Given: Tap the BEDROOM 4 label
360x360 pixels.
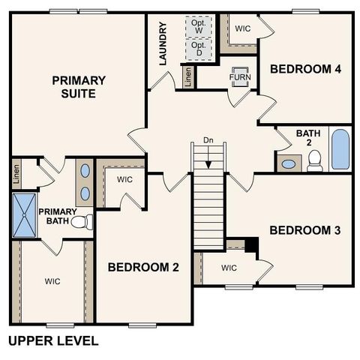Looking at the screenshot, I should click(x=305, y=69).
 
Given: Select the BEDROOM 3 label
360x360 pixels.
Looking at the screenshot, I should click(x=305, y=229).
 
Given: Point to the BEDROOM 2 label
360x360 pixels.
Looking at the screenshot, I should click(x=142, y=267).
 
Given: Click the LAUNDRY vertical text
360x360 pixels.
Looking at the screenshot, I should click(x=163, y=43).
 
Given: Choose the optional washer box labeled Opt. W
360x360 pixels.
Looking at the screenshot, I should click(x=199, y=25).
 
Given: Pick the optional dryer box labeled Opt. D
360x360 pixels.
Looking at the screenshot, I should click(x=199, y=49).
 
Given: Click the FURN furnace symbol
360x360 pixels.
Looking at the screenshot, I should click(x=240, y=77).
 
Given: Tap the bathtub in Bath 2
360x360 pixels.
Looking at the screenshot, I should click(x=340, y=149).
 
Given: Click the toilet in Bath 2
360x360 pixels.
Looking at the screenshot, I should click(x=315, y=160).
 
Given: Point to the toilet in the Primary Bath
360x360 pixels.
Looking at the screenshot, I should click(x=86, y=221).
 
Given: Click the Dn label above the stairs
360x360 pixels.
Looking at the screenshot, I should click(x=208, y=140).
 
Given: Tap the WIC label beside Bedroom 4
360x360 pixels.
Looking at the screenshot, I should click(x=242, y=28).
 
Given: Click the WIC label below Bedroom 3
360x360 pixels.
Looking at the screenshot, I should click(x=229, y=268).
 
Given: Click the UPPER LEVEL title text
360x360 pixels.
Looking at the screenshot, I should click(x=52, y=341).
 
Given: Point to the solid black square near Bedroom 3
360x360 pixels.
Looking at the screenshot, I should click(x=251, y=245).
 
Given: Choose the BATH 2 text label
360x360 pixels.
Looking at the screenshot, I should click(x=307, y=138).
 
